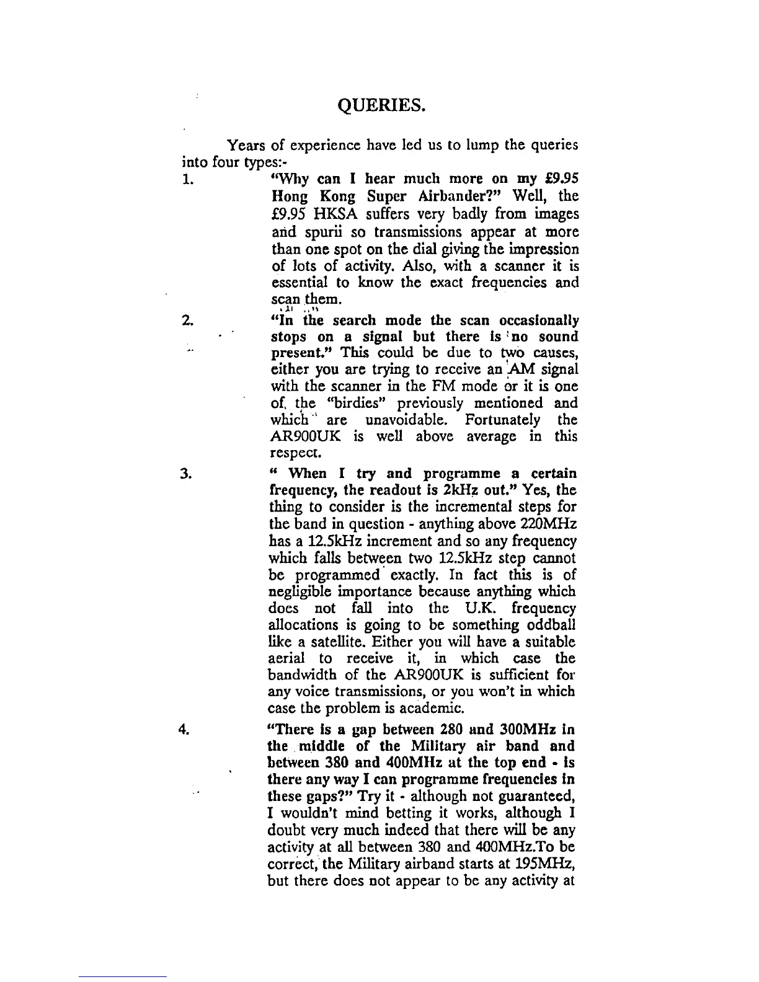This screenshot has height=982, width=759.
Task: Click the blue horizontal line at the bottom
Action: coord(123,976)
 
